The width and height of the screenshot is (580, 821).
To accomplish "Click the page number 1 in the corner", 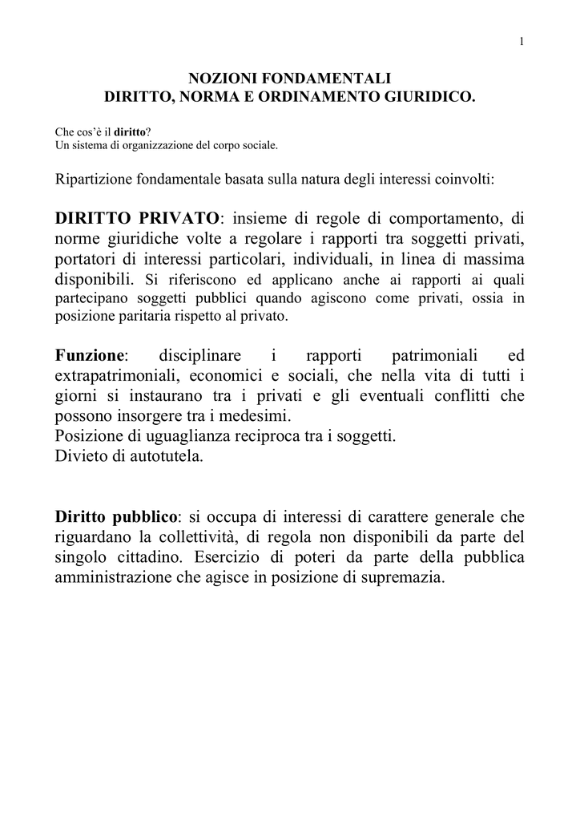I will tap(522, 42).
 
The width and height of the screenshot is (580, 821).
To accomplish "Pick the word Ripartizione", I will tap(93, 178).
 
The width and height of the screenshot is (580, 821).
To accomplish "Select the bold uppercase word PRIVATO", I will tap(181, 218).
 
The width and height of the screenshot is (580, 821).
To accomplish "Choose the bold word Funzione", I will tap(90, 355).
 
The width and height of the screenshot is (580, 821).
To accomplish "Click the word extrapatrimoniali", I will tap(121, 376).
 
